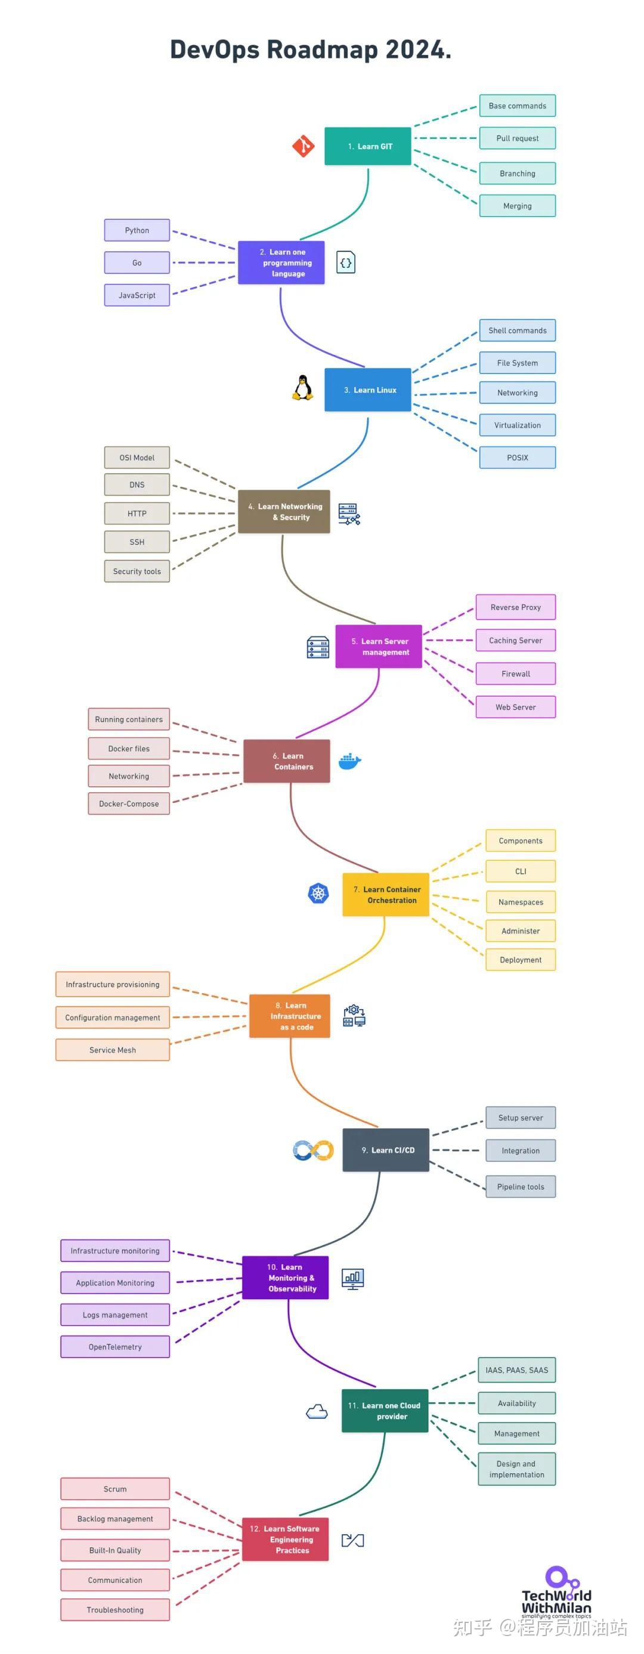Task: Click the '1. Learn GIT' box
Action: pos(367,146)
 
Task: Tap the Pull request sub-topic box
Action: pos(517,138)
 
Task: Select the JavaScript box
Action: pos(137,295)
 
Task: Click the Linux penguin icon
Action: pos(302,388)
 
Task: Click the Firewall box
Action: pos(515,673)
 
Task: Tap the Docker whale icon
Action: pos(349,761)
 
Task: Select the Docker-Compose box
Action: pos(128,804)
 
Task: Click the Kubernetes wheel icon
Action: pos(318,893)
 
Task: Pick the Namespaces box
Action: pos(520,902)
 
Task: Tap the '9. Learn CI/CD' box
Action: pos(385,1150)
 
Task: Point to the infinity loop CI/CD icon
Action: pos(312,1150)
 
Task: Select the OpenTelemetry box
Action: pos(115,1347)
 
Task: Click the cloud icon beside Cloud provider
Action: pos(317,1411)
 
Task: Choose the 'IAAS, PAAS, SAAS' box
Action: pos(516,1370)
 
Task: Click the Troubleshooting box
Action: pos(115,1610)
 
